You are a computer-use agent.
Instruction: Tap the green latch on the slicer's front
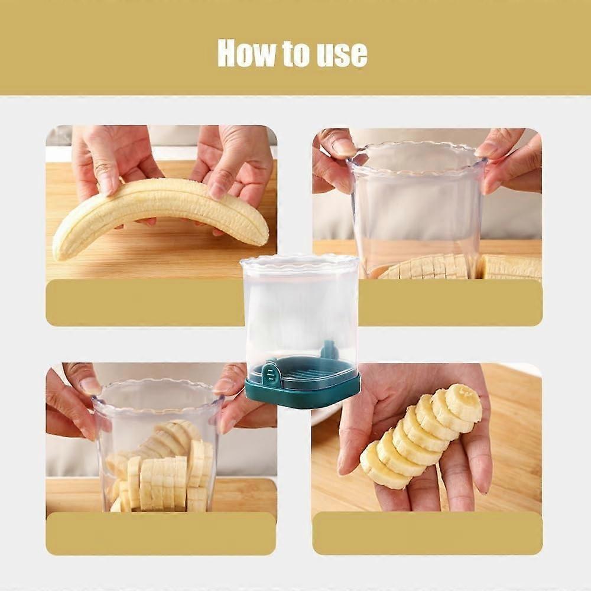pos(270,372)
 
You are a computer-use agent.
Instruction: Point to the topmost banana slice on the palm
pos(463,402)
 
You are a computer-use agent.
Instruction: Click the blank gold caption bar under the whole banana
pos(145,303)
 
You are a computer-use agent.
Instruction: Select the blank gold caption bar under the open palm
pos(427,533)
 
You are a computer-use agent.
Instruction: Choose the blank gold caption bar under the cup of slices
pos(161,533)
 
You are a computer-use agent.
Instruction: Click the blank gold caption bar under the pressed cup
pos(450,303)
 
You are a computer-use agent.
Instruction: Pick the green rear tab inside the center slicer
pos(329,348)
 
